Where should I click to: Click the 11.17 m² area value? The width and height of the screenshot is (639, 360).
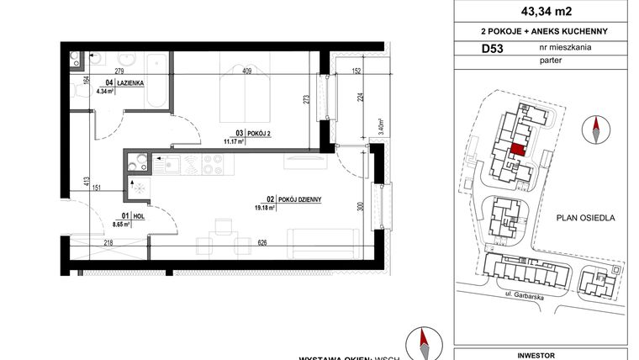tap(232, 141)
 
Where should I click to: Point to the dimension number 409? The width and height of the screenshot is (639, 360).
tap(247, 71)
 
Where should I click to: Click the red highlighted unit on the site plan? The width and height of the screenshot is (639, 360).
tap(518, 150)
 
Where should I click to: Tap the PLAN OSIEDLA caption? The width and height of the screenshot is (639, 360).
tap(587, 218)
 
